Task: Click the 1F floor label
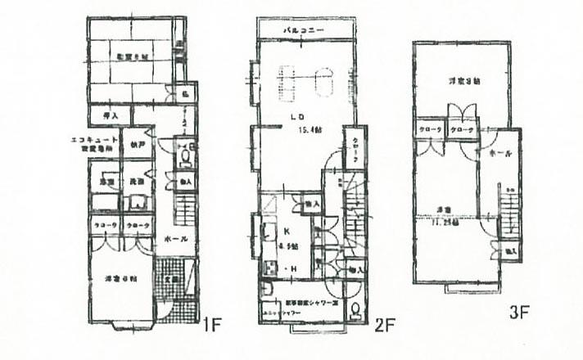tap(212, 325)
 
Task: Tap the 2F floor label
tap(384, 325)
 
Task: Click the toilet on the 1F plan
tap(186, 156)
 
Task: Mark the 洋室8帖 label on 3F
tap(463, 81)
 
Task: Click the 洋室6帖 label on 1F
tap(120, 280)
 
